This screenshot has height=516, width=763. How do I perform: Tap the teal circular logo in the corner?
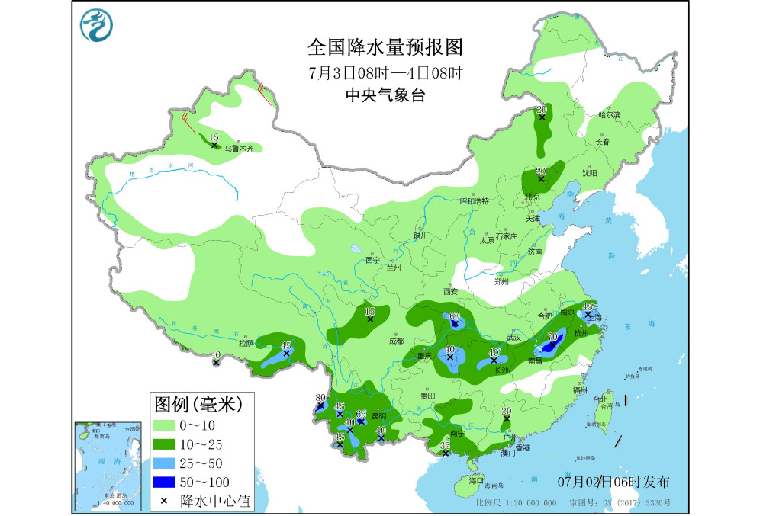(x=97, y=25)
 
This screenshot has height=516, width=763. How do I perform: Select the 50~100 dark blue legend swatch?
(x=164, y=482)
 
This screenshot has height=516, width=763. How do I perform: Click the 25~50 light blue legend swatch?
(x=164, y=463)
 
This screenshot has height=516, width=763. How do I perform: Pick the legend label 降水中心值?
(x=210, y=501)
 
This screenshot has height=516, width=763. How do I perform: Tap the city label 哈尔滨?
(x=609, y=115)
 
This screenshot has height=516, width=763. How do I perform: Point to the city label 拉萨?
(x=245, y=344)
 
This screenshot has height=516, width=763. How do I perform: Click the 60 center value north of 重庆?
(x=455, y=316)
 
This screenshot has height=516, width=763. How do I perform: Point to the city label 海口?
(x=475, y=482)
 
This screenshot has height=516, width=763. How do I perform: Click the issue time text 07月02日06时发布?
(x=613, y=482)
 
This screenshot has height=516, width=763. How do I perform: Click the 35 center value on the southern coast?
(x=446, y=445)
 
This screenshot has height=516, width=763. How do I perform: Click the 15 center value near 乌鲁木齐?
(x=214, y=136)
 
